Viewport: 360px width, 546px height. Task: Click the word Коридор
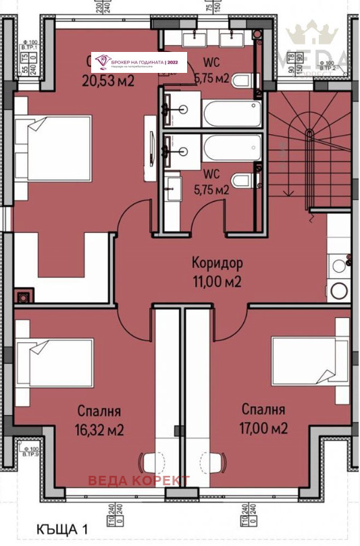click(x=217, y=262)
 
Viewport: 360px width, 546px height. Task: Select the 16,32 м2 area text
click(x=101, y=427)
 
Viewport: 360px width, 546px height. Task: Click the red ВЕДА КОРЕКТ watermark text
click(x=139, y=481)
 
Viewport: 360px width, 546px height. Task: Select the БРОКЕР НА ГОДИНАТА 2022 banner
click(x=139, y=61)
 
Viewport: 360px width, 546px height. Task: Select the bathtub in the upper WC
click(x=231, y=113)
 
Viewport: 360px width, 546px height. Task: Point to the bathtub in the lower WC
click(x=231, y=146)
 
